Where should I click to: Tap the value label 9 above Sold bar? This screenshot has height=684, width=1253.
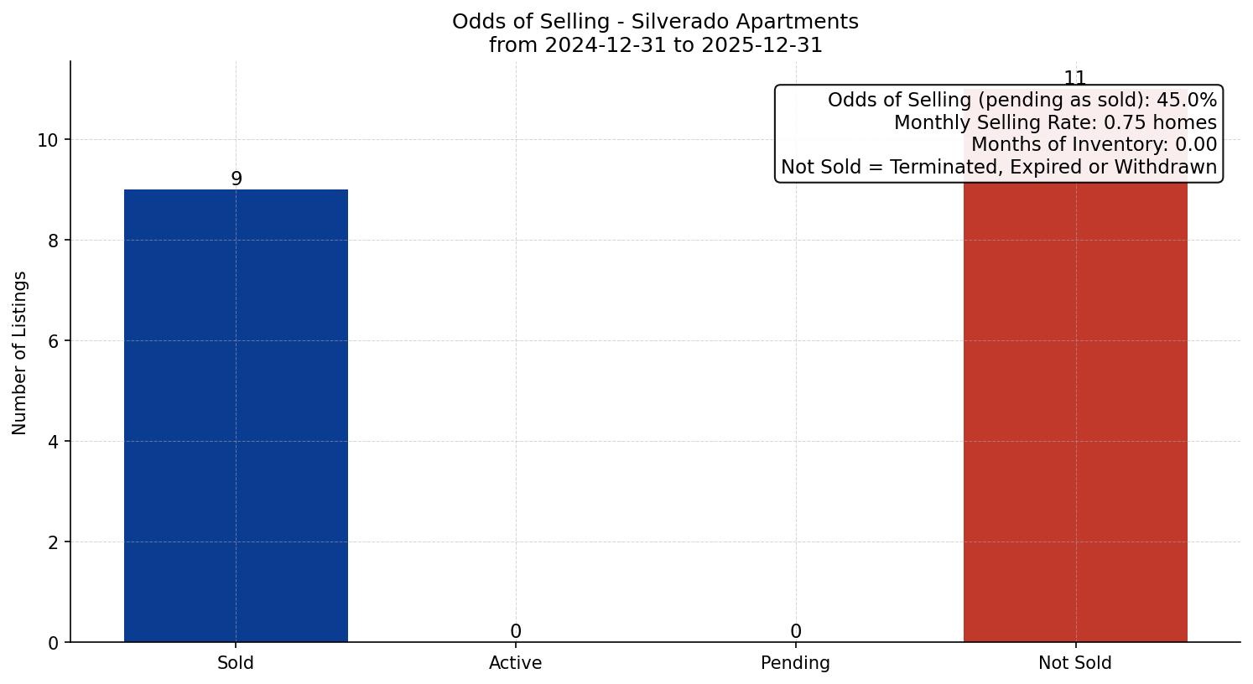[237, 179]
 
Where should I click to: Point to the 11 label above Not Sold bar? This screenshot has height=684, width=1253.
[1075, 78]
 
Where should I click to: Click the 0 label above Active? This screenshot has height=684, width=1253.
[516, 631]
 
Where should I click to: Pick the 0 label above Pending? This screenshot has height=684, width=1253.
[795, 631]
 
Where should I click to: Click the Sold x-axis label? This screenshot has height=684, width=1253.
[236, 663]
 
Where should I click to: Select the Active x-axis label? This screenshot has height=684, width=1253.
[516, 663]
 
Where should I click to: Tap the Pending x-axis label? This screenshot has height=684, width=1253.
[795, 663]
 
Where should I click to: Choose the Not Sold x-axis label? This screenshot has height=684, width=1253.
[1075, 663]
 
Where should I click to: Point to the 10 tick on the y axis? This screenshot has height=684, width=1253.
[48, 140]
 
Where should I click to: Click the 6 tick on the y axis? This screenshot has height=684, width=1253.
[53, 341]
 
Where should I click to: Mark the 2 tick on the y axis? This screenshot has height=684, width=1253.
[53, 542]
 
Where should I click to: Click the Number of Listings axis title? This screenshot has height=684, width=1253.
[20, 352]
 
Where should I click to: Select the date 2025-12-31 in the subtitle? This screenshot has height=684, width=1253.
[762, 45]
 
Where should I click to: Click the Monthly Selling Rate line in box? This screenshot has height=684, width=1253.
[1055, 122]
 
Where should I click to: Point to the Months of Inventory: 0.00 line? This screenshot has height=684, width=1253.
[1094, 144]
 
